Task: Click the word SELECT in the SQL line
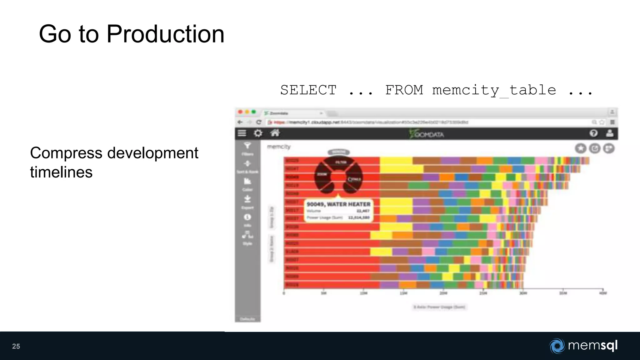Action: click(308, 90)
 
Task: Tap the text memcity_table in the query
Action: click(494, 90)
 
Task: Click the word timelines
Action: click(61, 172)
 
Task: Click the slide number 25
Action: click(16, 346)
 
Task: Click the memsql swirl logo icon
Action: click(557, 346)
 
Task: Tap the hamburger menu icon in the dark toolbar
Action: click(242, 133)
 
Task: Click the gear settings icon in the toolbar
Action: click(258, 133)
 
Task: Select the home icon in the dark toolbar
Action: click(275, 133)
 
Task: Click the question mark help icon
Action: click(593, 133)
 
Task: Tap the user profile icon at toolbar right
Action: click(609, 133)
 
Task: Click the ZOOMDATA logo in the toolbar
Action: click(427, 134)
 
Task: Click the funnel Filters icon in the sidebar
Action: click(247, 146)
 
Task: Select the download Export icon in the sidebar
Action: click(247, 199)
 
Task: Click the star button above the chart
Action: click(581, 148)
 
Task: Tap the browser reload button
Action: click(258, 122)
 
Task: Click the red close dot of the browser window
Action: click(240, 112)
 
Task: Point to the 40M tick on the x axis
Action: click(603, 292)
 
